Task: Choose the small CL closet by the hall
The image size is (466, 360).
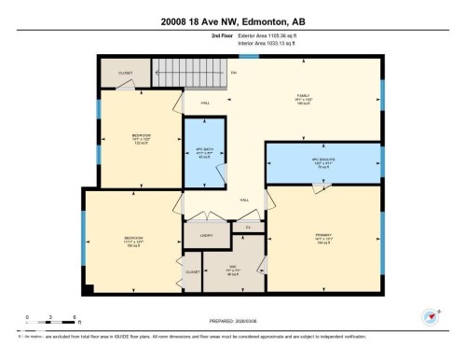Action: click(x=248, y=226)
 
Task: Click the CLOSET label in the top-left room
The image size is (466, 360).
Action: click(x=126, y=72)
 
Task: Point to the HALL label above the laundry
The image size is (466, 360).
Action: click(x=244, y=201)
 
